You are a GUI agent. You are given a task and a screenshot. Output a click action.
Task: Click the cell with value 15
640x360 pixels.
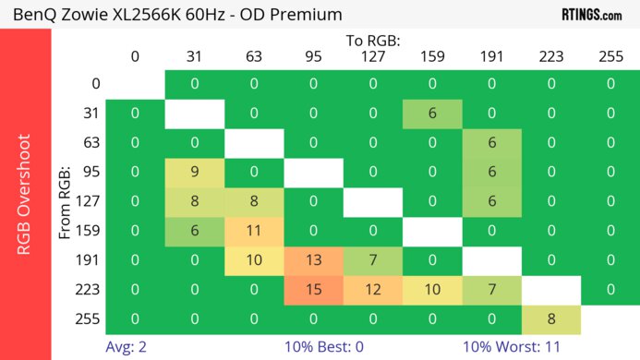click(x=313, y=290)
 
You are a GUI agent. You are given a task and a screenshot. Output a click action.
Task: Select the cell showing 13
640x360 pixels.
click(x=313, y=260)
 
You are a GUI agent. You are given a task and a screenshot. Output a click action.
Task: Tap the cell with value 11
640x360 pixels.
click(x=254, y=231)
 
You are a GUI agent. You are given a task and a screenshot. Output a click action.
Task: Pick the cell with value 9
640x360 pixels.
click(x=195, y=172)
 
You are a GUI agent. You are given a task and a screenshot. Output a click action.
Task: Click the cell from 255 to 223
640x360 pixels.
click(x=550, y=319)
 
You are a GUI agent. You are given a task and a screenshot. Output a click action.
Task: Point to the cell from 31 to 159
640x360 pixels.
click(x=432, y=113)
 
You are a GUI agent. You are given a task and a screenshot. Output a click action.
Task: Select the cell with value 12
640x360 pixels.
click(x=372, y=290)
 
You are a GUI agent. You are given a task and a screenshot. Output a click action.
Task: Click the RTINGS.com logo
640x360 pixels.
click(x=592, y=14)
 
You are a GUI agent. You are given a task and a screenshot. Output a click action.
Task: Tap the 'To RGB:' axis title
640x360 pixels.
click(x=373, y=41)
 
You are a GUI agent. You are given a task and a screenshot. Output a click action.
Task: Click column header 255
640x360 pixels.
click(x=610, y=56)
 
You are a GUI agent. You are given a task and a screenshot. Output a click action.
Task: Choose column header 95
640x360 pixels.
click(x=313, y=56)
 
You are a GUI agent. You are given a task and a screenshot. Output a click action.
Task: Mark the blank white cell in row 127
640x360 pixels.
click(x=372, y=201)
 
